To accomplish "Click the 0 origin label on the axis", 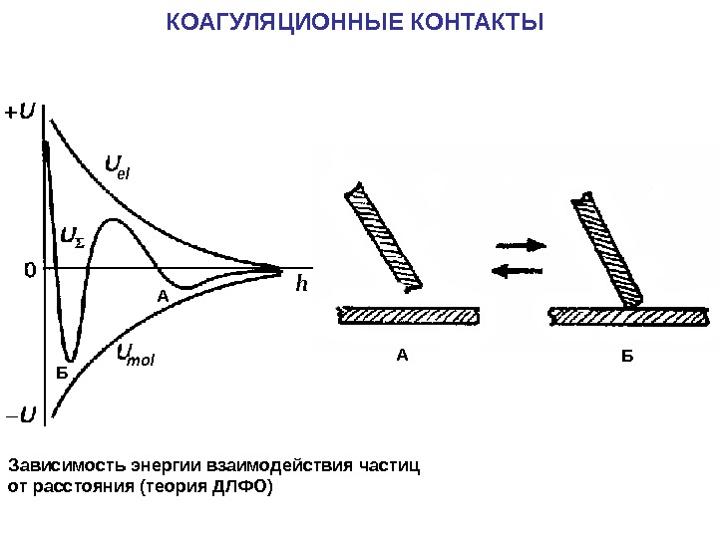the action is (x=29, y=269).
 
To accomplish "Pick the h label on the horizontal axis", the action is (x=302, y=285).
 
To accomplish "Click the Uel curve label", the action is (x=118, y=166).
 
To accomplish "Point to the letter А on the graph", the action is (x=165, y=297).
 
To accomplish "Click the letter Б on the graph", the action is (x=61, y=374).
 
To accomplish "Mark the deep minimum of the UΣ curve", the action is (x=69, y=359).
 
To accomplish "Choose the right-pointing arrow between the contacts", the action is (x=522, y=244).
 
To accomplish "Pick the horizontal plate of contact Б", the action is (x=629, y=316).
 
